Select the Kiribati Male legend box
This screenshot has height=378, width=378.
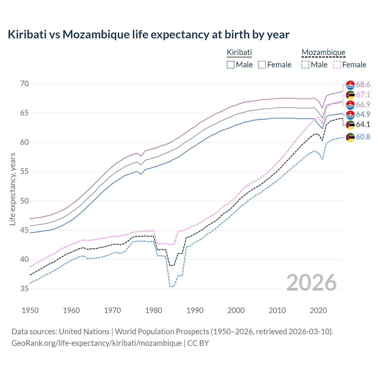coord(231,65)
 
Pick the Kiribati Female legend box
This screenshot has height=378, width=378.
coord(262,65)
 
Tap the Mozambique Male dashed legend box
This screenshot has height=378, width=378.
coord(305,65)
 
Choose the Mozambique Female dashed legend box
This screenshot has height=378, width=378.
coord(337,65)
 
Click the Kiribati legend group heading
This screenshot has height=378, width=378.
coord(239,52)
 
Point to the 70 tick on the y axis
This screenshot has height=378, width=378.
coord(25,84)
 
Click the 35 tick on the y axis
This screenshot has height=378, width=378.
coord(25,289)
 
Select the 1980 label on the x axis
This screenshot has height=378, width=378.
coord(154,310)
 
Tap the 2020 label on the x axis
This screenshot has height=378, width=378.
coord(318,310)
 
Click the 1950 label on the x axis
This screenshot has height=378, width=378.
coord(30,310)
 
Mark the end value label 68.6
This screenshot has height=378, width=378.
coord(363,85)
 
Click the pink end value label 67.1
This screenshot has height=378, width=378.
coord(363,94)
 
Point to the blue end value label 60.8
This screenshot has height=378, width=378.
coord(363,137)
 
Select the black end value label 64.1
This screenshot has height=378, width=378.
coord(363,124)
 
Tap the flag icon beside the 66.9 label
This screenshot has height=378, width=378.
coord(350,105)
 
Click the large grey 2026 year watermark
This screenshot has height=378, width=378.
coord(312,283)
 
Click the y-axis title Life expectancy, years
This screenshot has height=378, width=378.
coord(12,189)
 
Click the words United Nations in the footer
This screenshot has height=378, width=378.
coord(84,332)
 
